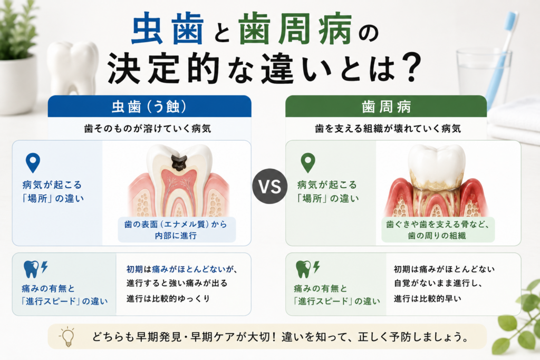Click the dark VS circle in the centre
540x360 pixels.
[269, 186]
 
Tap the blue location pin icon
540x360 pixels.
[33, 162]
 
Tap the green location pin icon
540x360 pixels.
[308, 162]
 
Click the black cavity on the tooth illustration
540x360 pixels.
[179, 162]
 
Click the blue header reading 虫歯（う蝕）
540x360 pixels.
[149, 106]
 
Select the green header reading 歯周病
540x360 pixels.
[386, 106]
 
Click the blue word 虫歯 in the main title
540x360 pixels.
[167, 29]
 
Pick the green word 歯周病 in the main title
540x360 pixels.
[295, 29]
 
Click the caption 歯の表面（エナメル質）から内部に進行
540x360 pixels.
[176, 230]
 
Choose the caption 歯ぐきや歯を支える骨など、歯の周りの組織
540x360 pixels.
[437, 230]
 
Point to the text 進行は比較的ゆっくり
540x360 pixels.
[168, 298]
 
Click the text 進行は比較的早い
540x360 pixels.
[427, 298]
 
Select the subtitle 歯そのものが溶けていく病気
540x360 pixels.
[148, 129]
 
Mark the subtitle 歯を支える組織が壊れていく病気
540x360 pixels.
[388, 129]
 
